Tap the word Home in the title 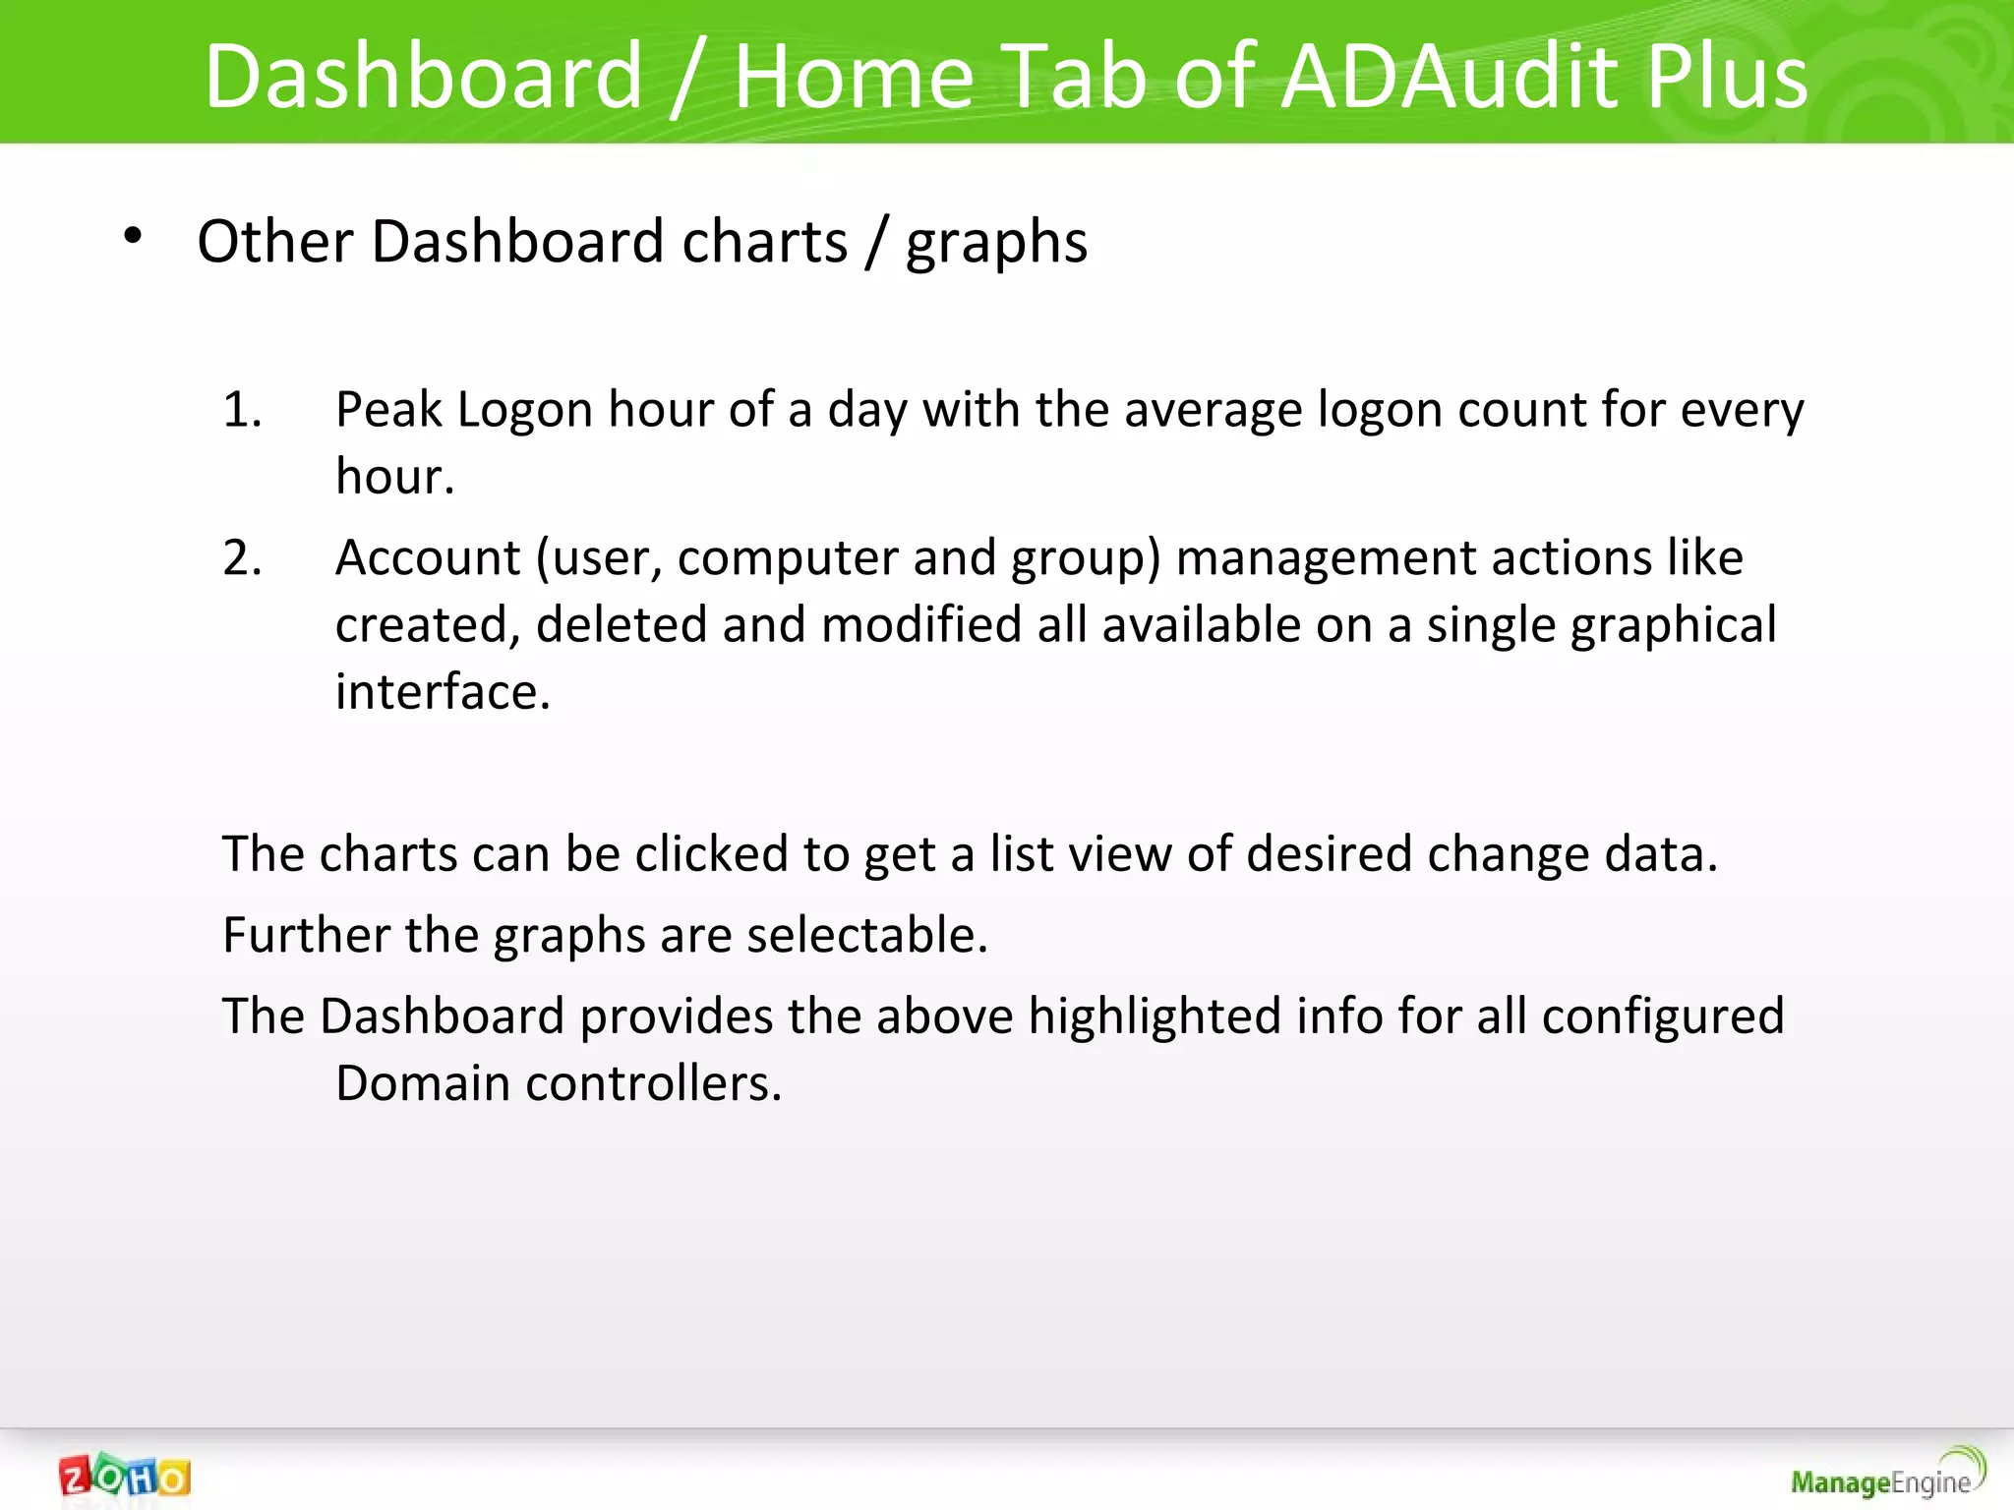click(854, 77)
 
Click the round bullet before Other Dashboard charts click(134, 236)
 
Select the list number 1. click(242, 409)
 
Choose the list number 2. click(242, 557)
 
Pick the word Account click(428, 557)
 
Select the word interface click(442, 692)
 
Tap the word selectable click(866, 934)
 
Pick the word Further click(306, 934)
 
